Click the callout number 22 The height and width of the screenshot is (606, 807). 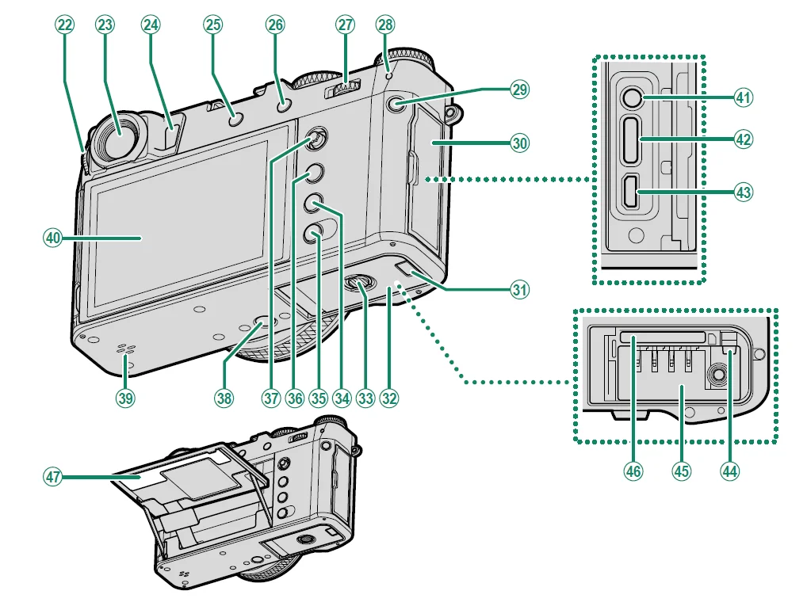(64, 25)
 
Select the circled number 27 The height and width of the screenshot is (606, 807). (345, 25)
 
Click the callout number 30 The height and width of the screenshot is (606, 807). (519, 143)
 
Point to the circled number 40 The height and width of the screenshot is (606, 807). (52, 237)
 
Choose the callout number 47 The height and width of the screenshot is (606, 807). (52, 477)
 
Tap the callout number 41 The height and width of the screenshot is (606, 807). (744, 98)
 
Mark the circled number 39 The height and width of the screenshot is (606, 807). (125, 398)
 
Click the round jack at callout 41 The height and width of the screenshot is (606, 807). (631, 98)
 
